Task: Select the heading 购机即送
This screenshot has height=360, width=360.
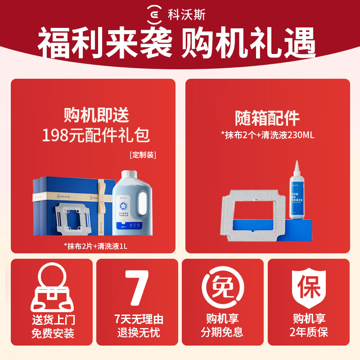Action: click(96, 116)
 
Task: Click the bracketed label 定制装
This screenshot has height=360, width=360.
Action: click(143, 155)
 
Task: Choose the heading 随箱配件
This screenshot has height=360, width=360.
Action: click(267, 118)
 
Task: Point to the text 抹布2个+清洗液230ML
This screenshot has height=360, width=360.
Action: click(267, 135)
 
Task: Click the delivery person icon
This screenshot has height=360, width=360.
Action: click(54, 288)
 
